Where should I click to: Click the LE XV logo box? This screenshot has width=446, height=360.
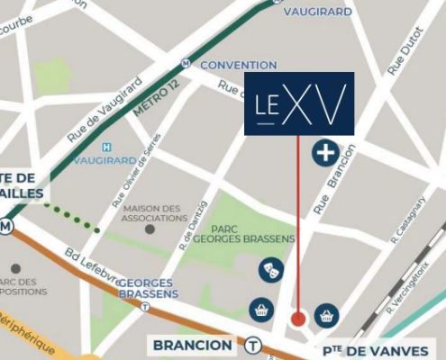click(299, 103)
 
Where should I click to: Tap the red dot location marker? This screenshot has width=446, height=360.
click(298, 319)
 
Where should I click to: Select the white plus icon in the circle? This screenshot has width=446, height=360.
click(325, 153)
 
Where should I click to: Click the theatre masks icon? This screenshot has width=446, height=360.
click(269, 268)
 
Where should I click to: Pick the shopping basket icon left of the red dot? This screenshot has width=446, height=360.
click(261, 309)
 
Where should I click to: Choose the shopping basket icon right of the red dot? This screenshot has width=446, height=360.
click(326, 316)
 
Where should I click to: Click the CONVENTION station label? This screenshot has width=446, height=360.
click(238, 66)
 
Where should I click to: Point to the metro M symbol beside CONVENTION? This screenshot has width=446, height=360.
click(186, 64)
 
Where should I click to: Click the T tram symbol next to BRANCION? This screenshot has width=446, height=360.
click(254, 345)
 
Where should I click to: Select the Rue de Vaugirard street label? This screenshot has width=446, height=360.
click(105, 108)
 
